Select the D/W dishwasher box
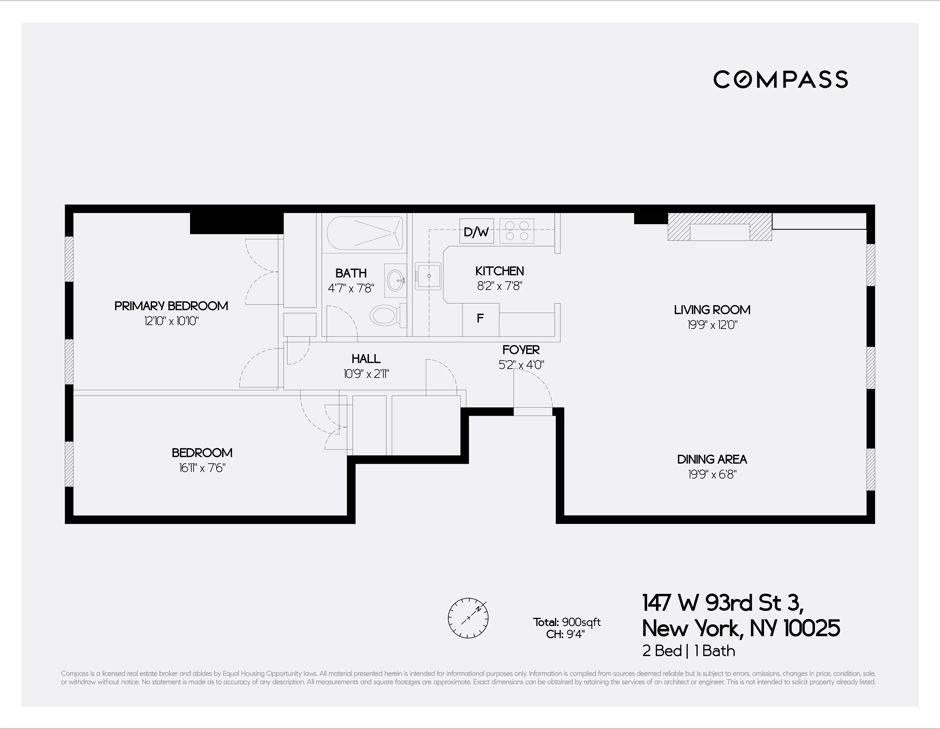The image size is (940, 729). tap(476, 232)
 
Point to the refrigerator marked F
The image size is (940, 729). tap(480, 319)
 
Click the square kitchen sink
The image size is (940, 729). tap(428, 276)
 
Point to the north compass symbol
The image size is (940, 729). tap(468, 618)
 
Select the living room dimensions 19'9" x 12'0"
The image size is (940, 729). tap(712, 325)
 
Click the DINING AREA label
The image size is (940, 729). tap(712, 459)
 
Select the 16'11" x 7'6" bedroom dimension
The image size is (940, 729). tap(202, 468)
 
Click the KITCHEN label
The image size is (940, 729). tap(499, 271)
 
